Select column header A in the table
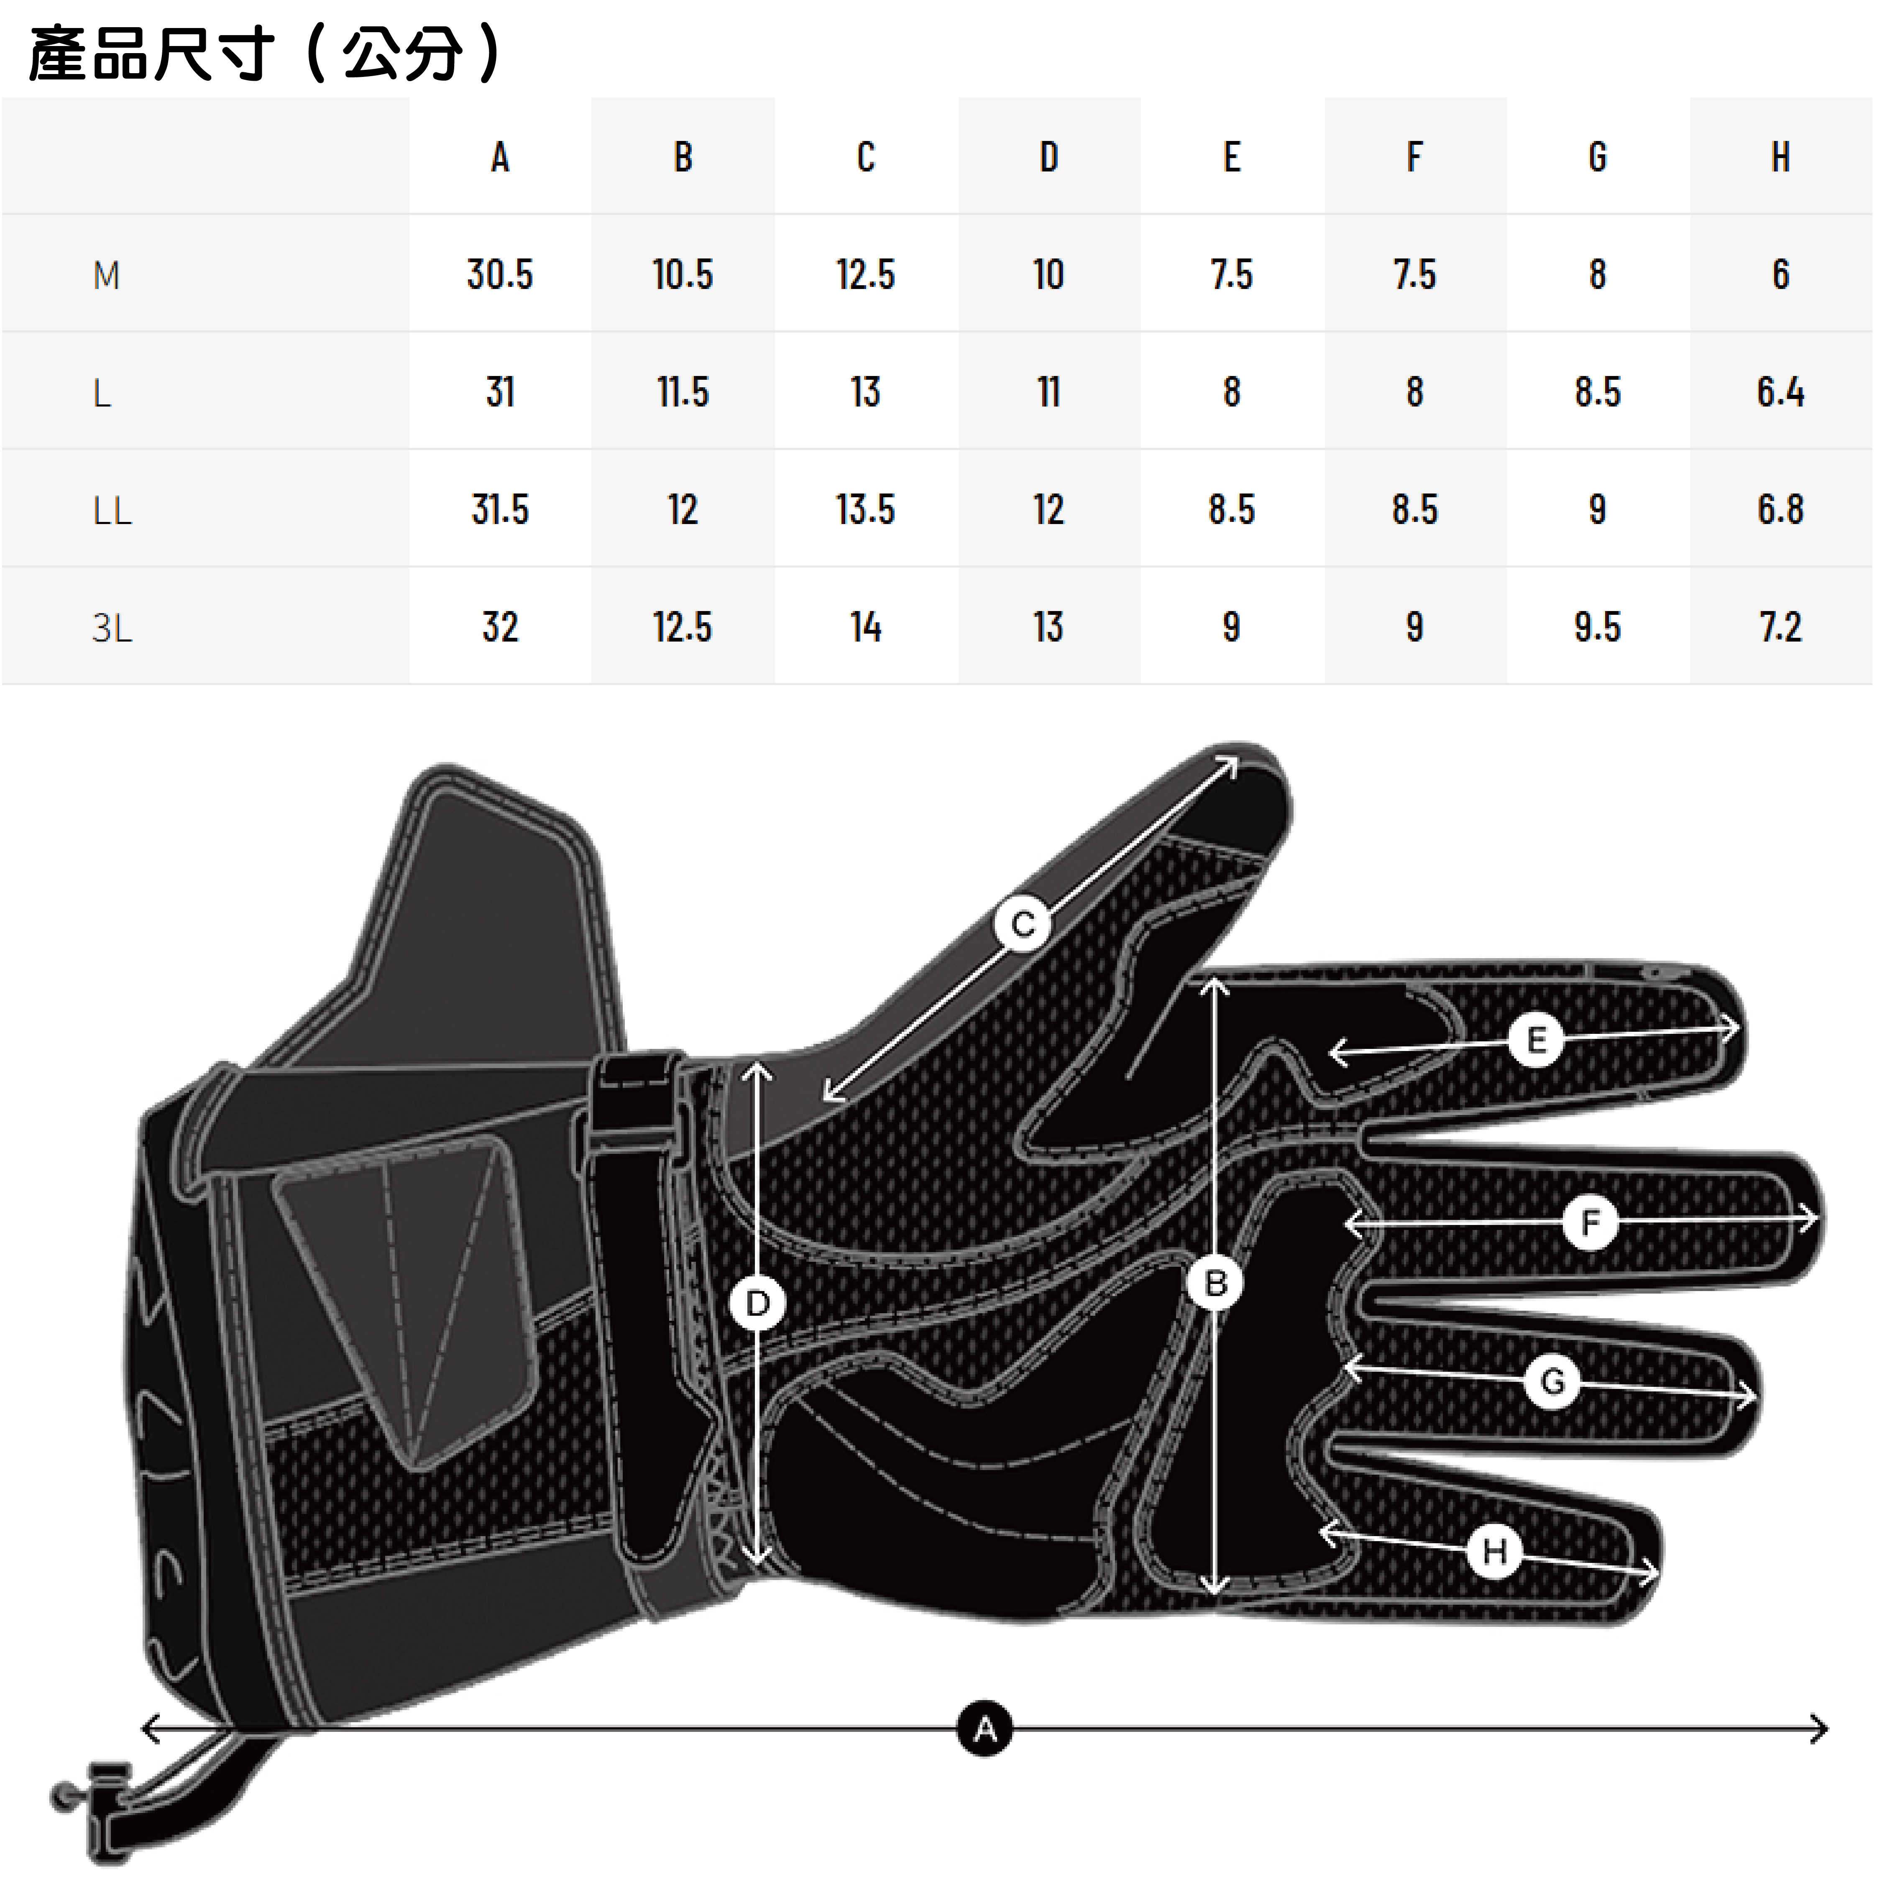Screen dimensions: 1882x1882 [x=500, y=157]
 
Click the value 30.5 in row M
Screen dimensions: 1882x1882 [x=500, y=275]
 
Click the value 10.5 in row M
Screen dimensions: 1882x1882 [x=683, y=275]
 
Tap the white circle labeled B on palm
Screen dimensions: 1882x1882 [x=1215, y=1283]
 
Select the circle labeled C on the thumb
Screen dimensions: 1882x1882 [x=1022, y=923]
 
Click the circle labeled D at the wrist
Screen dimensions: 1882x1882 [x=757, y=1302]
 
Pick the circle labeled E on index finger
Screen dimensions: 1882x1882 [x=1535, y=1041]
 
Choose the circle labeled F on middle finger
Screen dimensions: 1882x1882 [x=1590, y=1222]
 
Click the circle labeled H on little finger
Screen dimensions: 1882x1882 [x=1494, y=1551]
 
